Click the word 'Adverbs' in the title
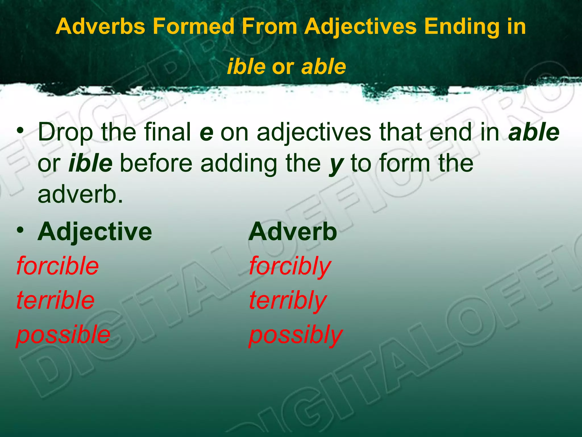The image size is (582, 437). point(100,26)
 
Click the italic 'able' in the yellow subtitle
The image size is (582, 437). point(324,67)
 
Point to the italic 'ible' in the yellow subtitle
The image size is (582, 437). point(246,67)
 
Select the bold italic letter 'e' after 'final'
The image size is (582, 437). point(206,133)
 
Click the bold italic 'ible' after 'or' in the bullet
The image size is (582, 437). point(90,163)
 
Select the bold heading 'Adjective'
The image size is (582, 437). point(95,232)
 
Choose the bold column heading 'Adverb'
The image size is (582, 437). point(293,232)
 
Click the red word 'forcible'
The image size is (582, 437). point(58,266)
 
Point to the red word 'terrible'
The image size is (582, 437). point(55,300)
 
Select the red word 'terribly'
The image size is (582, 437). point(288,301)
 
